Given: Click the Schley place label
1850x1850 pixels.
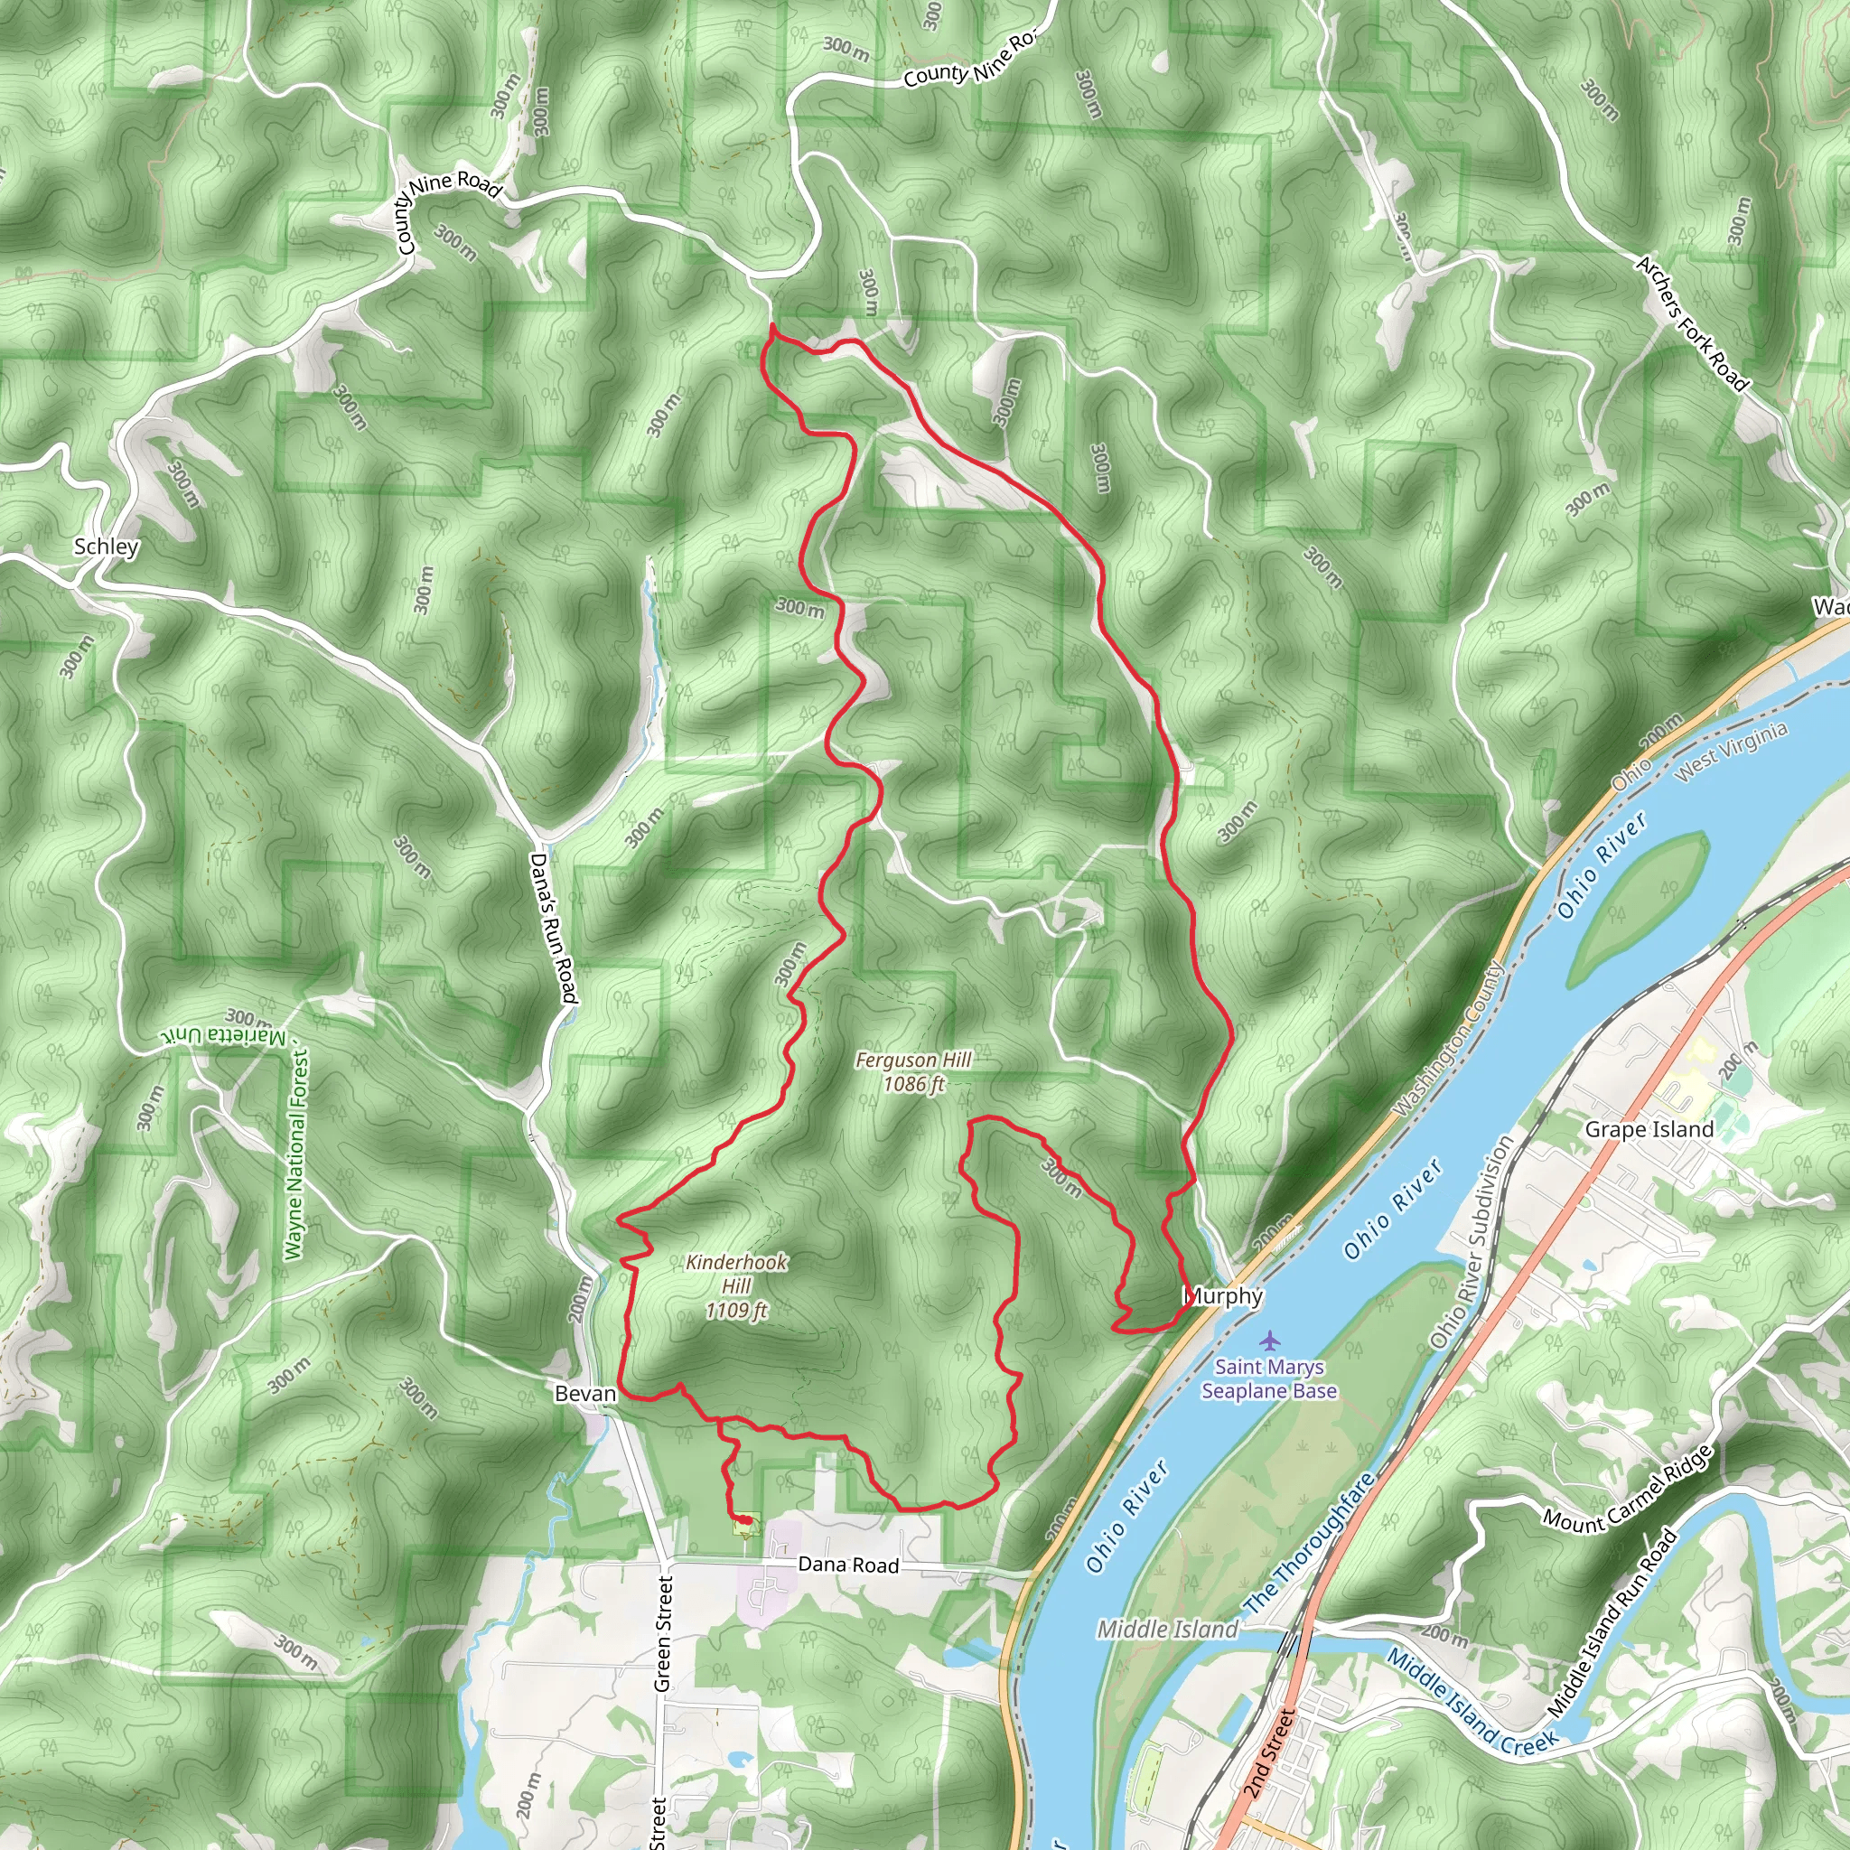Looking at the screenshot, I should click(x=107, y=547).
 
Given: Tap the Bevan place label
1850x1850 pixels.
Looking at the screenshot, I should click(x=585, y=1393).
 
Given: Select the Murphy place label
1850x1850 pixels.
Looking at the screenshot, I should click(x=1224, y=1296).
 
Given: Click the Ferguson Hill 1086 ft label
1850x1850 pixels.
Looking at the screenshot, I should click(x=913, y=1071).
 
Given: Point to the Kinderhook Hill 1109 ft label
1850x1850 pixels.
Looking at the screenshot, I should click(x=736, y=1286).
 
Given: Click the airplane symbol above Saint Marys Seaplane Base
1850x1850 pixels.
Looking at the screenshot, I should click(x=1270, y=1339).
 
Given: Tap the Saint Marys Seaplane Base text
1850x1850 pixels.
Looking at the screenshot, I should click(x=1269, y=1378).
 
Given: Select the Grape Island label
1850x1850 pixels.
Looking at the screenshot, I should click(x=1649, y=1130).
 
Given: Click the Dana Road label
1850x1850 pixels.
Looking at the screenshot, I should click(x=848, y=1565).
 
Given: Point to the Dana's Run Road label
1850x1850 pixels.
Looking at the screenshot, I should click(x=555, y=928).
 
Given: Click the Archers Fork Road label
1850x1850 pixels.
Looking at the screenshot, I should click(x=1692, y=323).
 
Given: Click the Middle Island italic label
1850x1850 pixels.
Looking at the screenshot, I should click(x=1167, y=1629).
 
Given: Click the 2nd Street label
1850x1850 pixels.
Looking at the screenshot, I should click(x=1271, y=1752).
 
